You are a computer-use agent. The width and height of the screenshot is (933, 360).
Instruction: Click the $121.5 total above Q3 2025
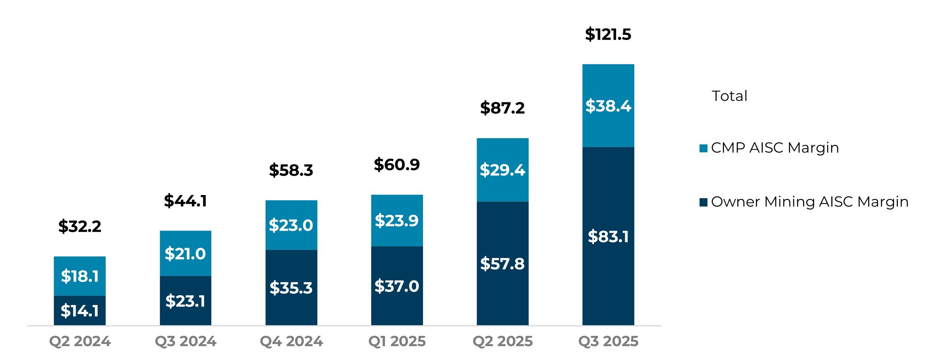tap(608, 34)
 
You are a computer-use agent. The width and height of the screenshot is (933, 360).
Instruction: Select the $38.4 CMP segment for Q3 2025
tap(608, 106)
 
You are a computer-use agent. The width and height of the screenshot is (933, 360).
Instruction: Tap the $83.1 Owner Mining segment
tap(608, 237)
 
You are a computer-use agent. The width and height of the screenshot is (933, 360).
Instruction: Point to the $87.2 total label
tap(502, 108)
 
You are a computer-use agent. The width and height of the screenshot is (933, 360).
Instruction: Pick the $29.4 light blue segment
tap(502, 170)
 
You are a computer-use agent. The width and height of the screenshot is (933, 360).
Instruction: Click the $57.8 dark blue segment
tap(502, 264)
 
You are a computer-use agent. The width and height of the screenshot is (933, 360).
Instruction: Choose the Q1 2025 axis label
tap(397, 341)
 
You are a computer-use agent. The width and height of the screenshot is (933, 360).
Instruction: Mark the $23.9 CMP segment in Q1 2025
tap(396, 220)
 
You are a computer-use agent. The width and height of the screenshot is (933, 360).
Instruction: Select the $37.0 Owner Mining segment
tap(396, 286)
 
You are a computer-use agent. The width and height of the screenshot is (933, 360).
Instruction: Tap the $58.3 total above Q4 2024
tap(291, 171)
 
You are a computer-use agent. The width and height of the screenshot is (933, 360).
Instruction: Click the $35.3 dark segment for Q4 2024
tap(291, 288)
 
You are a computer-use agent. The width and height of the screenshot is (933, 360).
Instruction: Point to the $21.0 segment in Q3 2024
tap(185, 254)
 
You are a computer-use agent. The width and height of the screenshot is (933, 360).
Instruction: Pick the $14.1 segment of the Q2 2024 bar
tap(80, 311)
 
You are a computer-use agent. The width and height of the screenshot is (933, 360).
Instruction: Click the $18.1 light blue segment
tap(80, 276)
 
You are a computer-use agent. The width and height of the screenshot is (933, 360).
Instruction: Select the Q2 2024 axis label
tap(80, 341)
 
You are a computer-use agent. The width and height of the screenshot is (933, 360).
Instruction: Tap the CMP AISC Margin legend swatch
tap(703, 148)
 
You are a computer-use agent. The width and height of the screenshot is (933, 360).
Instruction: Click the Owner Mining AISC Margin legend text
tap(809, 202)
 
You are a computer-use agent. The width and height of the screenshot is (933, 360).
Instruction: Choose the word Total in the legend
tap(729, 96)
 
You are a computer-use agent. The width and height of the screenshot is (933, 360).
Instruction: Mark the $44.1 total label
tap(185, 201)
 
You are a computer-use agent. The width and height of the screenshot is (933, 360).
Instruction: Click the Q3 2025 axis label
tap(608, 341)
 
